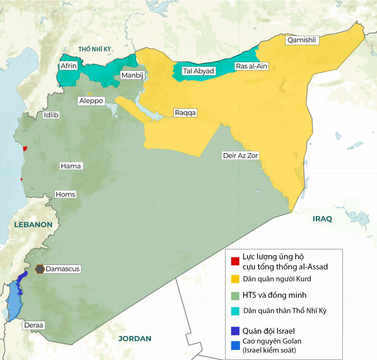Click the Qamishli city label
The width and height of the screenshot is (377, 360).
click(x=302, y=40)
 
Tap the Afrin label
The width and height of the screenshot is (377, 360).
click(x=68, y=66)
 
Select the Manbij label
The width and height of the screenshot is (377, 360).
click(x=132, y=75)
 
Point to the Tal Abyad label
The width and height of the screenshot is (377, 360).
click(x=198, y=71)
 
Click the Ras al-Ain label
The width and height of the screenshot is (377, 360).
click(x=251, y=66)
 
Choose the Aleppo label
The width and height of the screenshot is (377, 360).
click(x=91, y=101)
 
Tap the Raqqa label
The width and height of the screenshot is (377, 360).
click(x=185, y=113)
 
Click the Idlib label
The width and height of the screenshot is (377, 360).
click(x=51, y=115)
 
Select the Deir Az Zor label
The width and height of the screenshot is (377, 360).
click(x=241, y=156)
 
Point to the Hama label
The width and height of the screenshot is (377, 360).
click(x=71, y=166)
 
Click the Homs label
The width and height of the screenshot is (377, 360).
click(x=66, y=194)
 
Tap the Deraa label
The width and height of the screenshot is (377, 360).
click(x=34, y=325)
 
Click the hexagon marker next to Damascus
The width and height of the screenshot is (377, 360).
click(x=40, y=269)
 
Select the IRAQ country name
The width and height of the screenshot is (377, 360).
click(x=322, y=219)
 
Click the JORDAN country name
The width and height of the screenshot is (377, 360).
click(x=134, y=338)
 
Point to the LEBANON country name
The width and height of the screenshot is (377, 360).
click(x=33, y=225)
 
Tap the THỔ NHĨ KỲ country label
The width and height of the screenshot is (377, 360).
click(x=94, y=49)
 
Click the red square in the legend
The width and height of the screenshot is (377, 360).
click(x=235, y=261)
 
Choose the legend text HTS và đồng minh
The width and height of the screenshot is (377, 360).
click(x=274, y=295)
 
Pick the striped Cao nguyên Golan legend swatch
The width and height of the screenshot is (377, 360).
click(x=235, y=345)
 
